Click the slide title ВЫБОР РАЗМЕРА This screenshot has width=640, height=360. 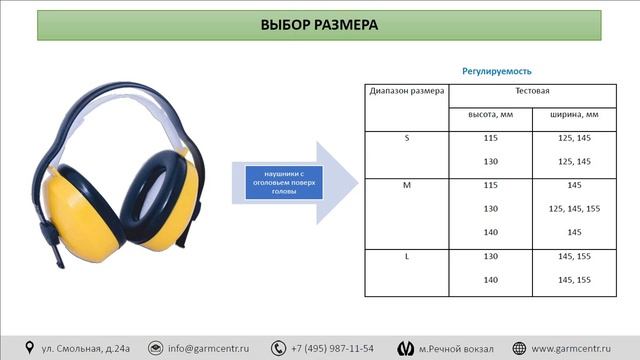point(319,25)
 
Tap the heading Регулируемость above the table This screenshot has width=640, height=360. point(496,72)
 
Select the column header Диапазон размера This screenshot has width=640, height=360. point(406,91)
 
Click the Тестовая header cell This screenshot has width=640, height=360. point(532,91)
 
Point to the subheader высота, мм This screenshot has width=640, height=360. point(491,114)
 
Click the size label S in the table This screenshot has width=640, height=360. point(406,138)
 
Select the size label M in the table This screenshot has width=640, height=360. point(406,185)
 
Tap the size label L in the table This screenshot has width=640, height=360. point(406,257)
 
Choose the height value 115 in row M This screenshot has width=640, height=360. point(491,185)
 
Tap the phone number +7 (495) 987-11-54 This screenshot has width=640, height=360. point(332,348)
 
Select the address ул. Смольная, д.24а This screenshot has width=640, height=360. point(86,348)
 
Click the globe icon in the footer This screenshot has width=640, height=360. point(520,348)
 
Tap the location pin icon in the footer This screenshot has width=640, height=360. point(29,348)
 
